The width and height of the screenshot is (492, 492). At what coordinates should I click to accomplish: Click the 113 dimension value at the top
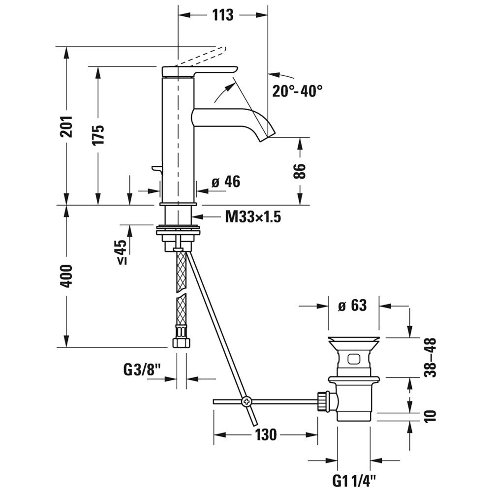[223, 15]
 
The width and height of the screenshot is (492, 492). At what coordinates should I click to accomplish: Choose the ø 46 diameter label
[226, 182]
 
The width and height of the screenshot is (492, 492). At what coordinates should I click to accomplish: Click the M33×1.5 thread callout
[253, 216]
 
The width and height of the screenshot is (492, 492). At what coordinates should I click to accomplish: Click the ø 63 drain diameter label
[353, 305]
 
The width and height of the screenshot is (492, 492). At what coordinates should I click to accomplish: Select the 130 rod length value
[266, 435]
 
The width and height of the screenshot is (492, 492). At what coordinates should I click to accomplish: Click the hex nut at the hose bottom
[182, 342]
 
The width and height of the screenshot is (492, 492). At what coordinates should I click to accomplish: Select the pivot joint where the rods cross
[246, 401]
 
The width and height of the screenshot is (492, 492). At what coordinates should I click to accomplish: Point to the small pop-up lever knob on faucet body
[156, 169]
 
